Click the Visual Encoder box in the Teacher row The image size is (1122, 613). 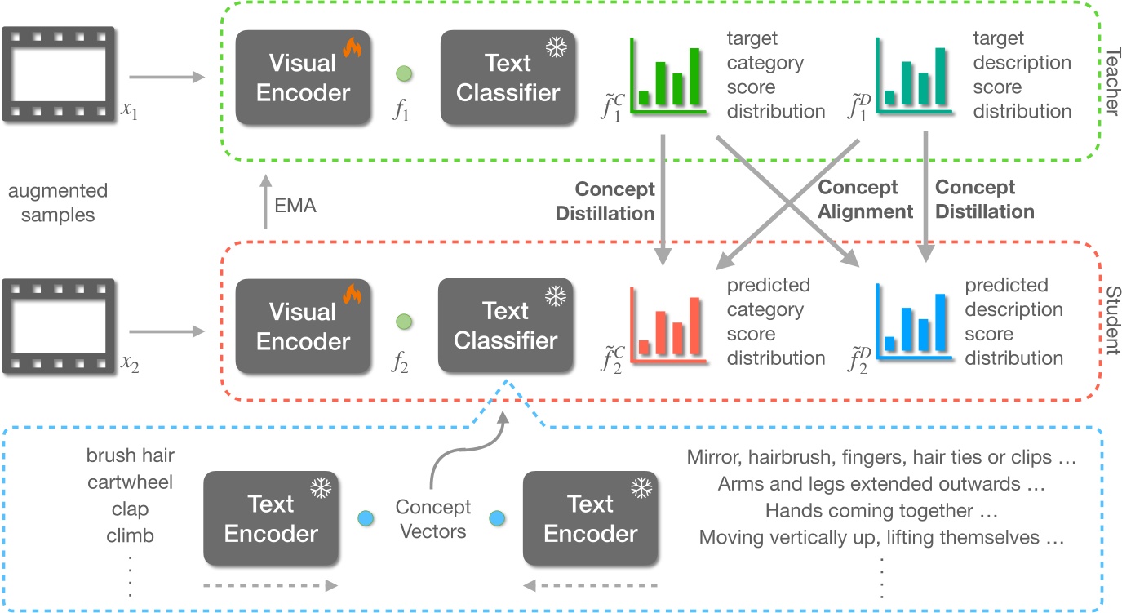pyautogui.click(x=303, y=78)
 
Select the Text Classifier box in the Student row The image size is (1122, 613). pyautogui.click(x=506, y=326)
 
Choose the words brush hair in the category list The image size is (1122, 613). pyautogui.click(x=130, y=455)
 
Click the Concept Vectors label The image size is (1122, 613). pyautogui.click(x=433, y=520)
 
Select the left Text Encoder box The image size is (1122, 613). pyautogui.click(x=271, y=519)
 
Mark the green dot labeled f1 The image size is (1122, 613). pyautogui.click(x=403, y=75)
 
